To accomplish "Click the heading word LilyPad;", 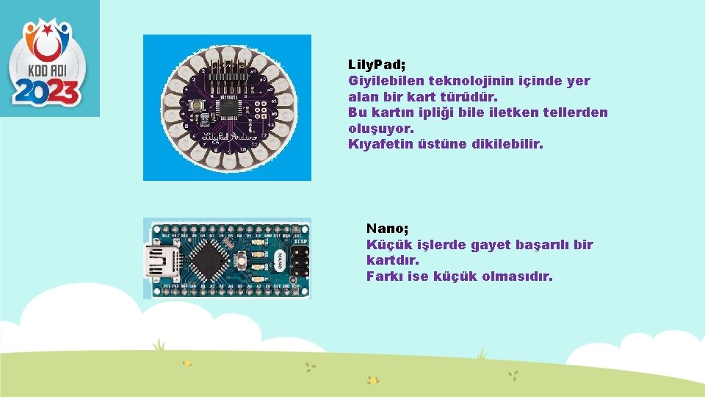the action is tap(375, 65).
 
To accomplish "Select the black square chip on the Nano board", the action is tap(207, 260).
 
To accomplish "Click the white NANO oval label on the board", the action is tap(279, 260).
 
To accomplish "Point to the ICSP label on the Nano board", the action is tap(300, 240).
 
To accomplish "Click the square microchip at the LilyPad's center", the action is tap(227, 108).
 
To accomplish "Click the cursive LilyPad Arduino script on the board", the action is tap(228, 136).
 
